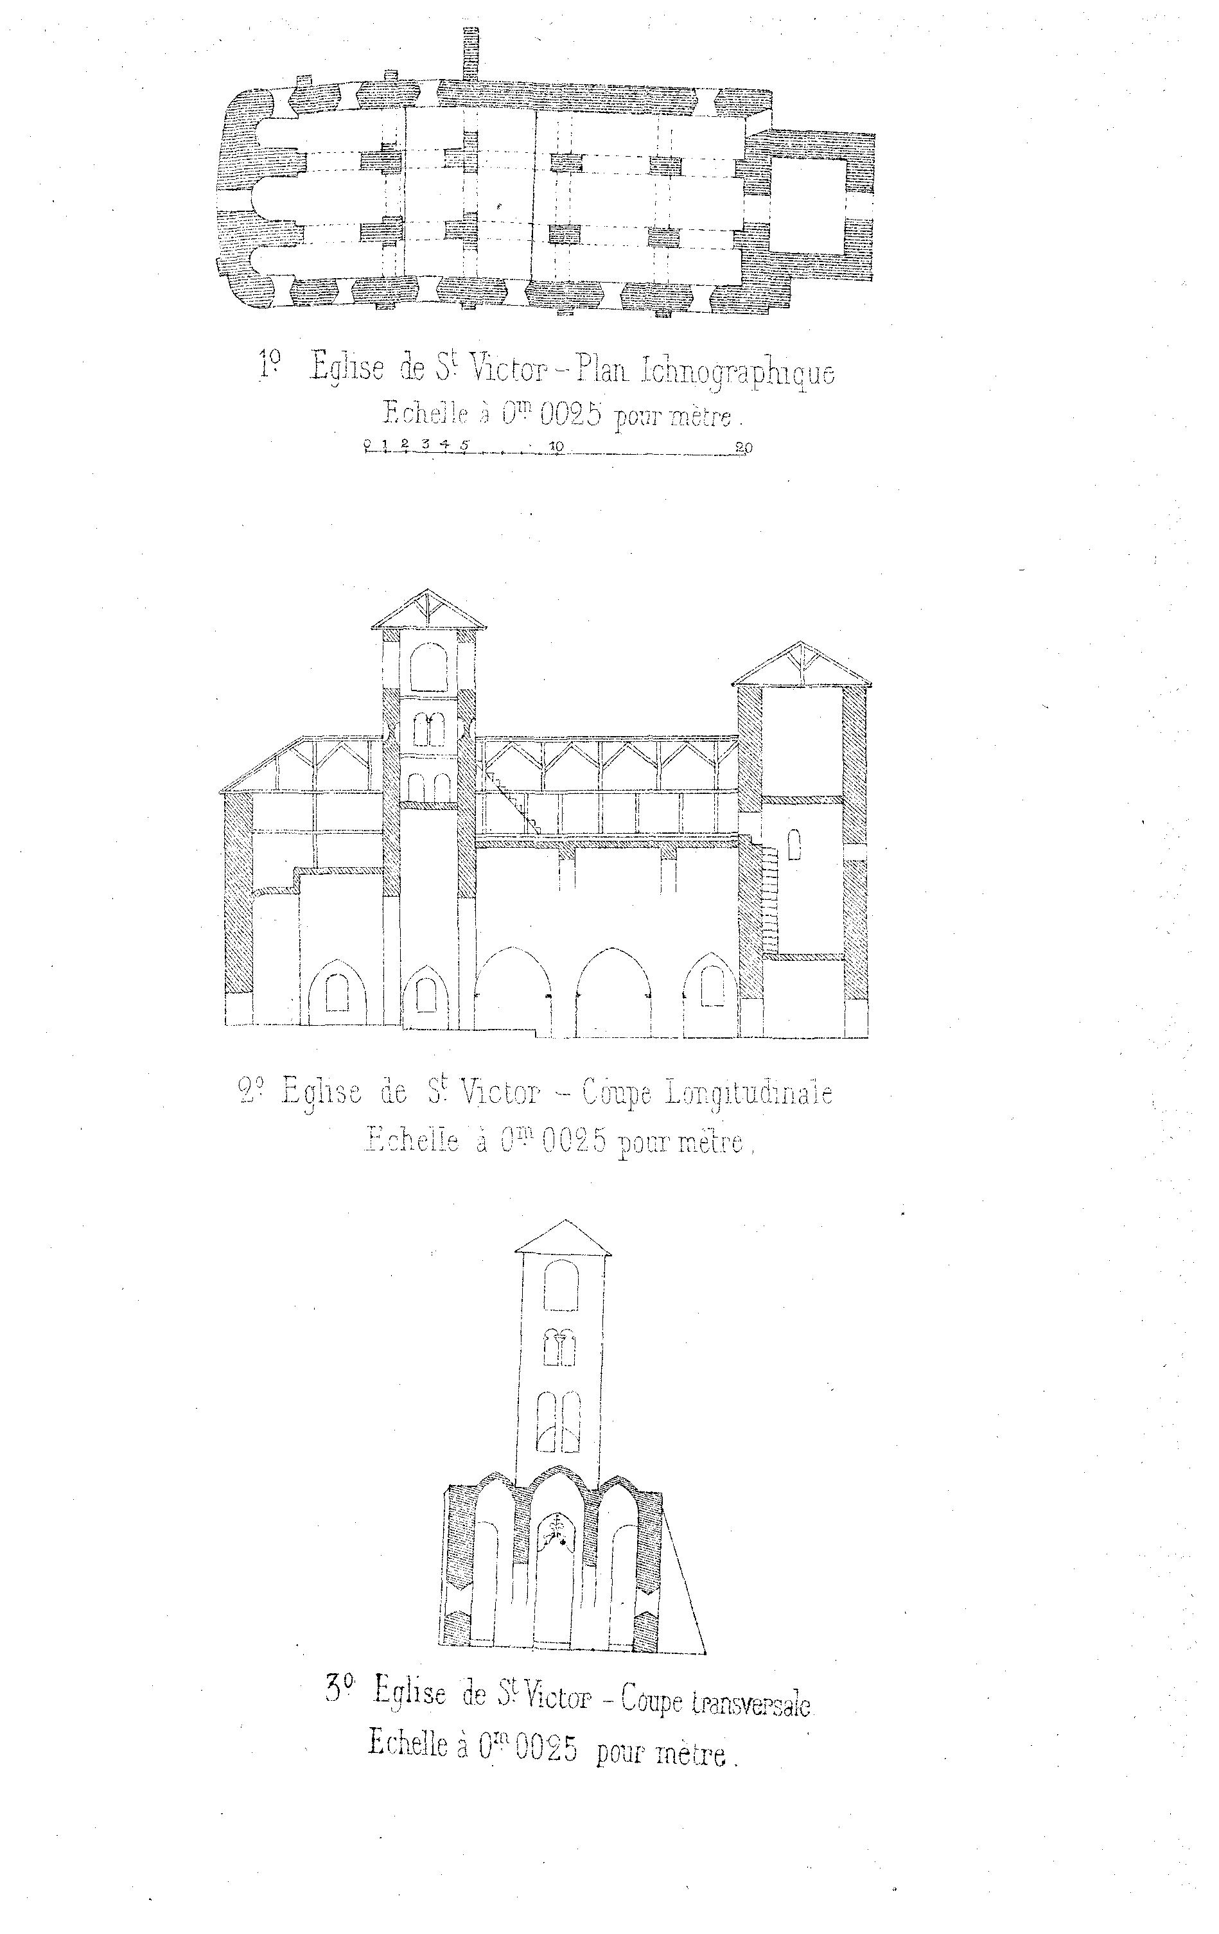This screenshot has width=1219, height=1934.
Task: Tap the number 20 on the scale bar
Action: click(744, 447)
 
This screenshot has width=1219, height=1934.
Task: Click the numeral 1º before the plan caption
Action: click(270, 365)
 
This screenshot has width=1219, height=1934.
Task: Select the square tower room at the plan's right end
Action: click(809, 205)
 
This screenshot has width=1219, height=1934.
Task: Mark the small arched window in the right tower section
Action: click(794, 845)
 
